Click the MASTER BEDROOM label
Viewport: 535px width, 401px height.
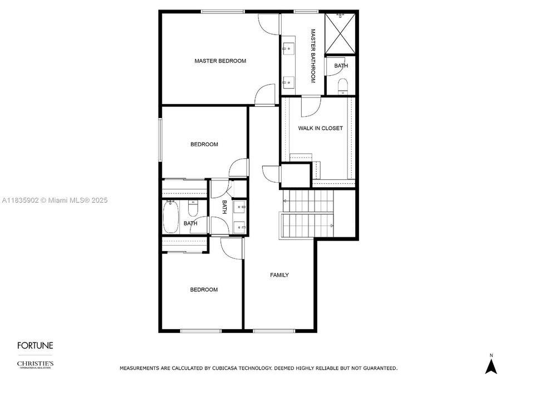point(220,61)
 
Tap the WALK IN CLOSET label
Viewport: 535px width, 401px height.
point(320,128)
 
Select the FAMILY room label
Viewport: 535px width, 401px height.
point(279,275)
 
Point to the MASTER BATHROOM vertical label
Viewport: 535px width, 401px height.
point(313,56)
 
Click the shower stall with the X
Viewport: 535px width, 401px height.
point(340,33)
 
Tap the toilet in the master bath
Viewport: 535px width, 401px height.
point(342,86)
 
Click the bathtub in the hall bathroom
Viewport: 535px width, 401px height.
point(170,217)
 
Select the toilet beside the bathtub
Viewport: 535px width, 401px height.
point(193,208)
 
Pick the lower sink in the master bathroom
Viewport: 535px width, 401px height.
point(288,82)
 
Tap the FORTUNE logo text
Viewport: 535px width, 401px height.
point(35,345)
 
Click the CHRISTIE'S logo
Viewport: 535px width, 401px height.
point(35,364)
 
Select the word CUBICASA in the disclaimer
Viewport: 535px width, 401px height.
point(224,368)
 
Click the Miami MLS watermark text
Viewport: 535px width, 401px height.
point(55,200)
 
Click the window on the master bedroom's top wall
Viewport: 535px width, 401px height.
point(223,12)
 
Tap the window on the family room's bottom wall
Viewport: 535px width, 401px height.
point(274,331)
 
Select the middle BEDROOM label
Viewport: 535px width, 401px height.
point(204,144)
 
